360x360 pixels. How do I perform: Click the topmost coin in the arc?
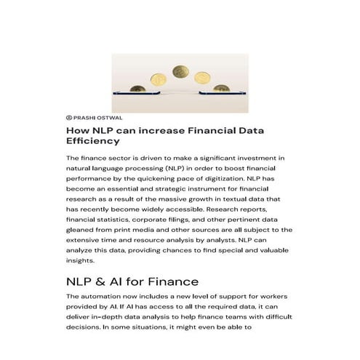point(180,73)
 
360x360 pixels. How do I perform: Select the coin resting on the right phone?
point(221,88)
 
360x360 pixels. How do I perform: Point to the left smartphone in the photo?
point(131,94)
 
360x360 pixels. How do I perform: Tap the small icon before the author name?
point(69,116)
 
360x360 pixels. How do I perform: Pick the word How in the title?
point(77,130)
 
